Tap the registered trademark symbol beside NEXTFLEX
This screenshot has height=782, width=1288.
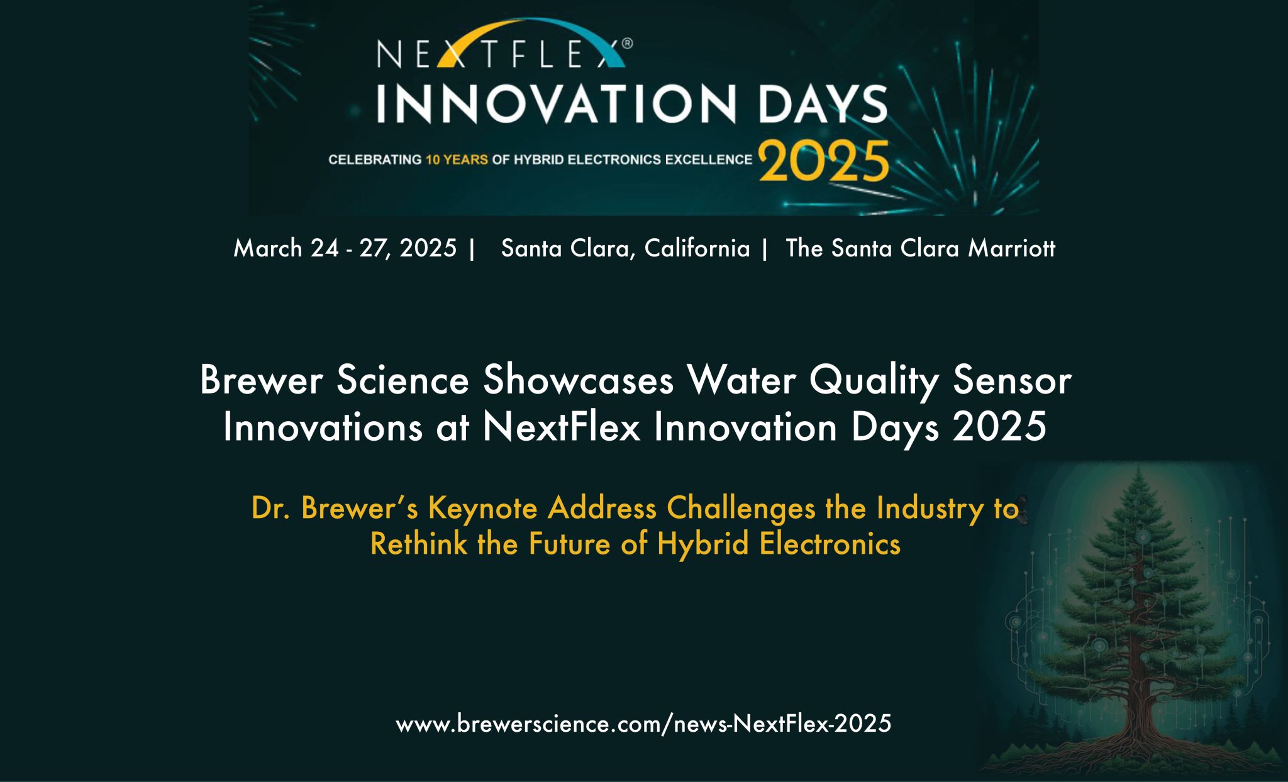coord(627,44)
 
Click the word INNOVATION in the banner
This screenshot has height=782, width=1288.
coord(555,104)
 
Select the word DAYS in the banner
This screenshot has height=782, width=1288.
coord(823,104)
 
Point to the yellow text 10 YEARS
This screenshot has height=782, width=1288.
coord(457,160)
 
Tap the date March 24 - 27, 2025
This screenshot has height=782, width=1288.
coord(345,248)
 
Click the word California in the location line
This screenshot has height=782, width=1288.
coord(697,248)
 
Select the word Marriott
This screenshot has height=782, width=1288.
coord(1011,248)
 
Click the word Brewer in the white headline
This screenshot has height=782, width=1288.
coord(261,381)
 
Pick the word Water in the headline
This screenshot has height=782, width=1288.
coord(741,381)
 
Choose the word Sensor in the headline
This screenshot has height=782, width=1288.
coord(1011,381)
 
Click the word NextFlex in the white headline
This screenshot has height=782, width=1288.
coord(561,427)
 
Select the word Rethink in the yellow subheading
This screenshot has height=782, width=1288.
coord(419,544)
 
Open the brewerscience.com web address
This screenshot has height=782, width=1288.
coord(643,724)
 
